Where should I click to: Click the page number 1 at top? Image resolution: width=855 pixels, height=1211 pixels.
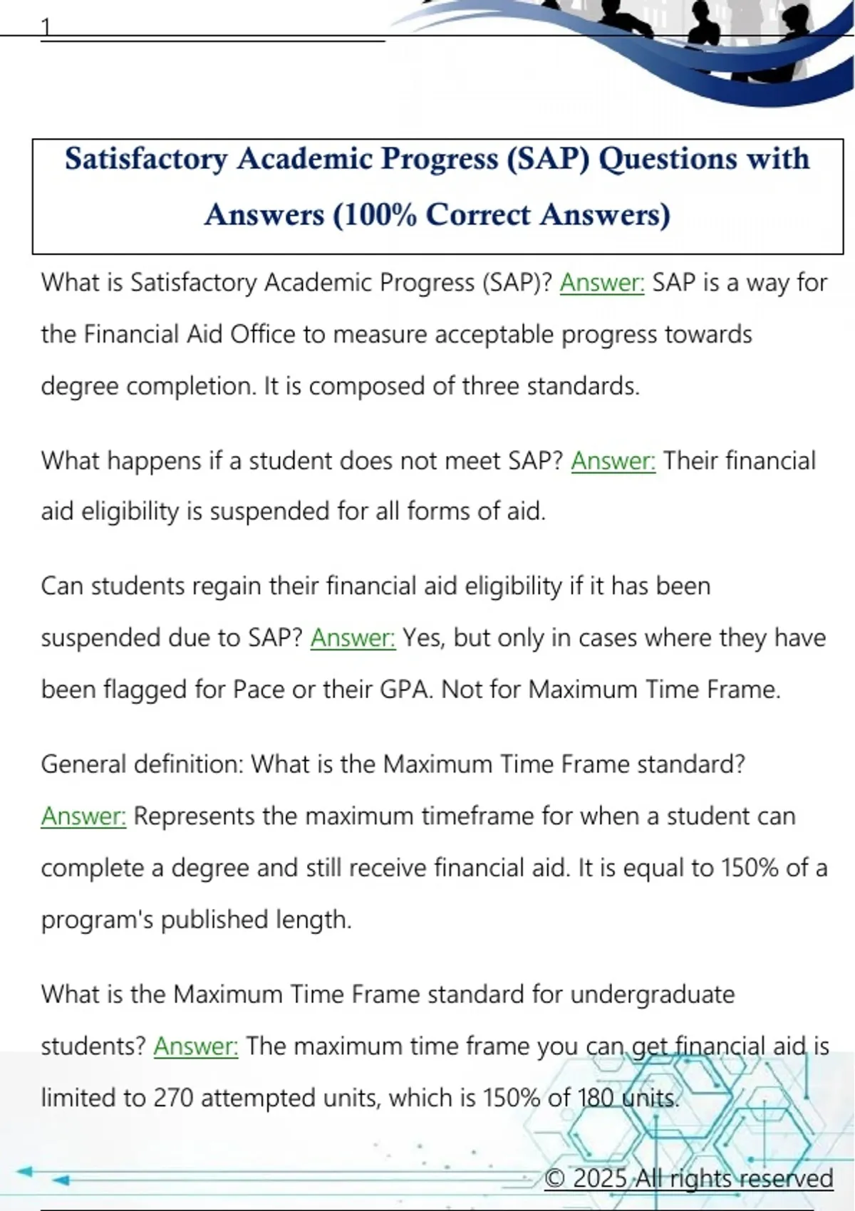tap(46, 27)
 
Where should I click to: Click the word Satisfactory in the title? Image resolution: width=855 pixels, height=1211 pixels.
tap(146, 159)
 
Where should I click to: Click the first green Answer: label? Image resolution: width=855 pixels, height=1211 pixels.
tap(602, 283)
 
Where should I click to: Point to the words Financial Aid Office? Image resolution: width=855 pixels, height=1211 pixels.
tap(190, 334)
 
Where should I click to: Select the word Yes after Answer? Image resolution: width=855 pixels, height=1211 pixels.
tap(423, 638)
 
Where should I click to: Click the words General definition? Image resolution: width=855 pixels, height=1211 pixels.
tap(142, 764)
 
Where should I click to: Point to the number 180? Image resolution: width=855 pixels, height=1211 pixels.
tap(596, 1098)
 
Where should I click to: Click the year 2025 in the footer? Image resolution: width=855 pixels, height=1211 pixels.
tap(600, 1178)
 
